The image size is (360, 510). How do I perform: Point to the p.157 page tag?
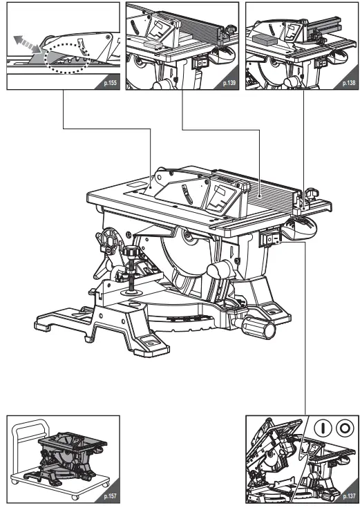(x=109, y=496)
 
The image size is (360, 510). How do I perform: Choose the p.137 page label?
(x=349, y=496)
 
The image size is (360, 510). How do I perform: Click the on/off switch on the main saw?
(x=269, y=239)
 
